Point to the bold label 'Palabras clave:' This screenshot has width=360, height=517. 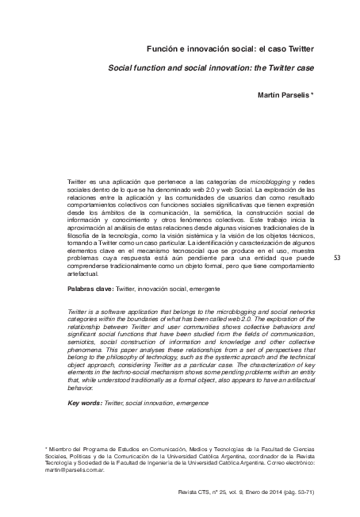point(91,290)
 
